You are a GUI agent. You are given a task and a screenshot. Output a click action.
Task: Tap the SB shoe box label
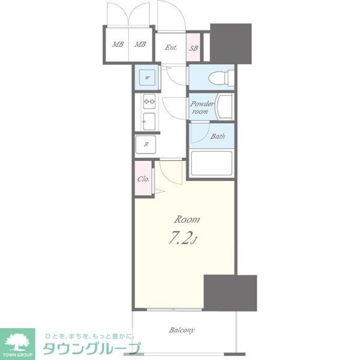(194, 48)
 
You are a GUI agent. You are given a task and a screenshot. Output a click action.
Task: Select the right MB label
(140, 44)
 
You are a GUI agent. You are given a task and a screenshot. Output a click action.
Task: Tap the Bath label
(218, 136)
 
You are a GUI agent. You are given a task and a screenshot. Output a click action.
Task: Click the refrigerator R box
(146, 145)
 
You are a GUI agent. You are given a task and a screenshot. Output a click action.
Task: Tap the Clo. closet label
(144, 179)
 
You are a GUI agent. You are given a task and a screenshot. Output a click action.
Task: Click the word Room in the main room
(187, 219)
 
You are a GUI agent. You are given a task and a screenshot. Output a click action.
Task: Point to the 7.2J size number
(184, 239)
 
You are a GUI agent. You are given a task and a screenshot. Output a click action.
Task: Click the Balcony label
(181, 330)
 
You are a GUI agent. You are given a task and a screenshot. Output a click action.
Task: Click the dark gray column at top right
(230, 42)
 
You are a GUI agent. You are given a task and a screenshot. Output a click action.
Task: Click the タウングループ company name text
(90, 348)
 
